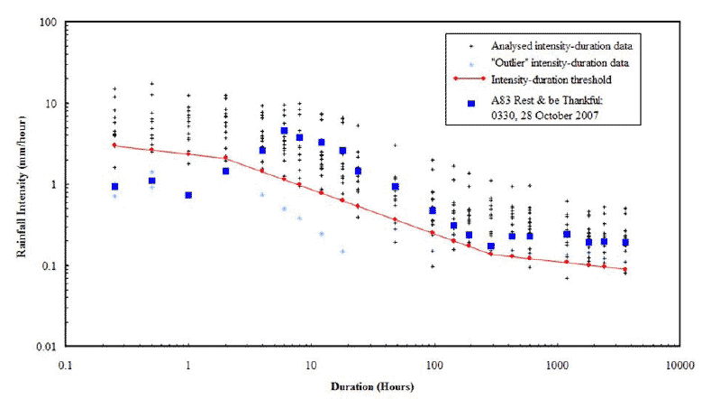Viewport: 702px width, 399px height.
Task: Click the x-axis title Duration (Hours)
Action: click(x=370, y=387)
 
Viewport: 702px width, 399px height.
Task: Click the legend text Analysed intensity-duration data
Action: click(x=554, y=45)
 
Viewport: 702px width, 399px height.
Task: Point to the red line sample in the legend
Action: click(x=470, y=79)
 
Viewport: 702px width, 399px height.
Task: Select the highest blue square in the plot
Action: click(x=284, y=131)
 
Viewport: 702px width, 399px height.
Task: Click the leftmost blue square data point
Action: click(x=114, y=187)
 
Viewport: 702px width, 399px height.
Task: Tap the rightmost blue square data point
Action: click(x=625, y=242)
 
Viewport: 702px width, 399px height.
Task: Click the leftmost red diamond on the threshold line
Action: click(x=114, y=144)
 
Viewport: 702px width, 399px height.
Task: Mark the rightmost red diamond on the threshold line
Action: click(x=625, y=269)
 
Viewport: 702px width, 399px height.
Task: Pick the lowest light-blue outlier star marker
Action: click(x=342, y=251)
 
